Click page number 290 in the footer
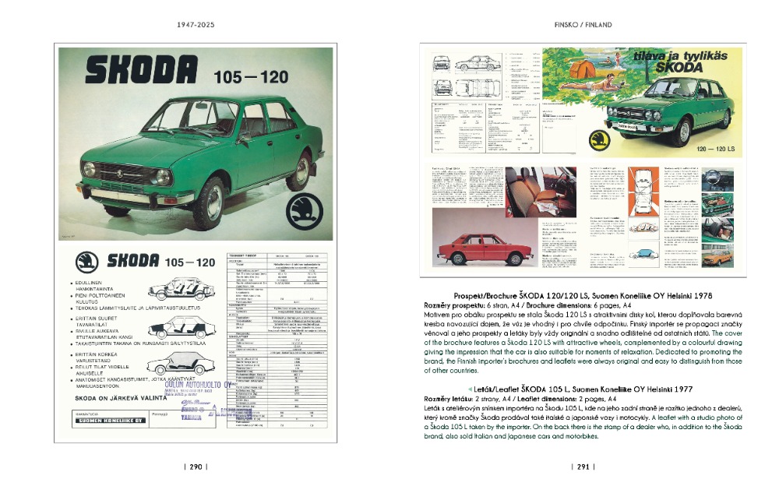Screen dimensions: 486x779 194,467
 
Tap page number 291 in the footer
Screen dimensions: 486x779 583,467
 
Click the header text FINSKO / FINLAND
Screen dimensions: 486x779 583,24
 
